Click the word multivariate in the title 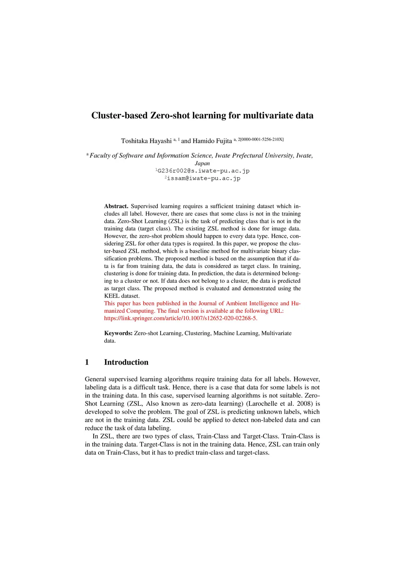268,116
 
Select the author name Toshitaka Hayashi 146,141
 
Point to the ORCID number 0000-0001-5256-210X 261,139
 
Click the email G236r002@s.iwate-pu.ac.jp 203,171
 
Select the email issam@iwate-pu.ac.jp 204,179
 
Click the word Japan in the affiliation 202,164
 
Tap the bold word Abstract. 116,206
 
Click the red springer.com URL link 181,318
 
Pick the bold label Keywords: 118,333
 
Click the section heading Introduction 126,362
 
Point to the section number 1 87,362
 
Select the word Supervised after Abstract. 144,206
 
